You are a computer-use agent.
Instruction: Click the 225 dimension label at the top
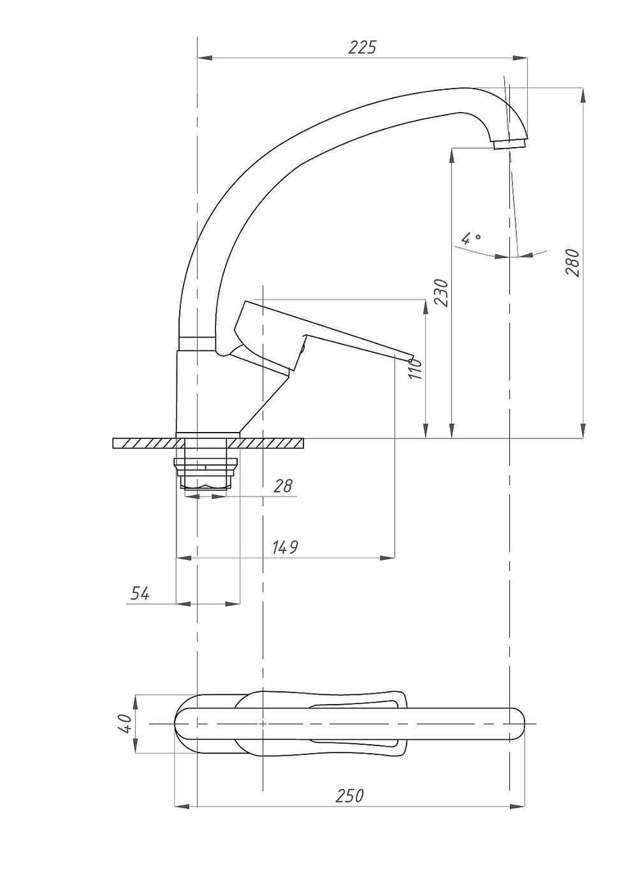coord(362,47)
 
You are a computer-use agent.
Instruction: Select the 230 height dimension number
coord(441,292)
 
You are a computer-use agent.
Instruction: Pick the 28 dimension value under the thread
coord(283,486)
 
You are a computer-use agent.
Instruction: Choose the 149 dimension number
coord(285,547)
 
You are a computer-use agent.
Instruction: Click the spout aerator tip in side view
coord(511,144)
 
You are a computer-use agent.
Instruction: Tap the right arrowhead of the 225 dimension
coord(521,59)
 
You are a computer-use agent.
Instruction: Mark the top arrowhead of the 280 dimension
coord(583,95)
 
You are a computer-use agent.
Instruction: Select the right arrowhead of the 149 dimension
coord(388,558)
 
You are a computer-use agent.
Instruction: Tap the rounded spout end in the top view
coord(518,724)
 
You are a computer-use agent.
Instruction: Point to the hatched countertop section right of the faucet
coord(272,443)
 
